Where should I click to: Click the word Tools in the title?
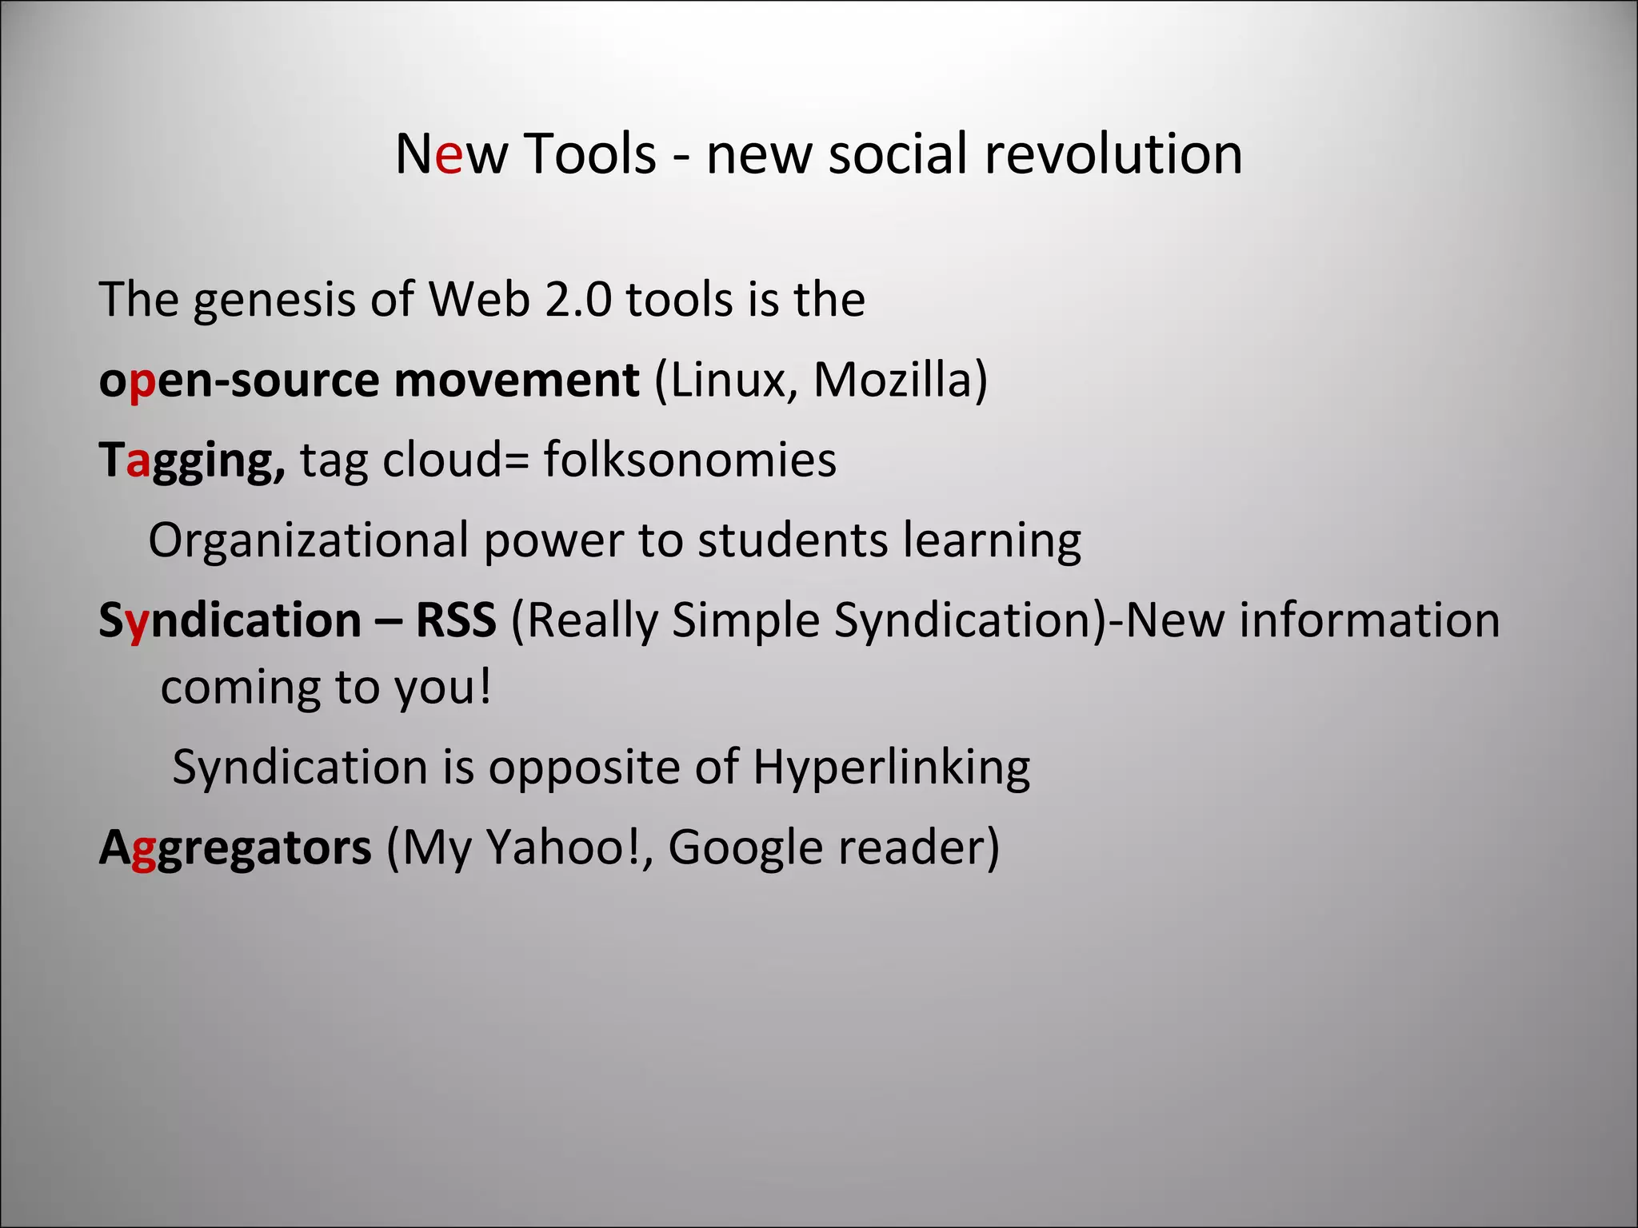(590, 153)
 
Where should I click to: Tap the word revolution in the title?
(1113, 153)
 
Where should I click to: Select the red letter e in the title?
(449, 155)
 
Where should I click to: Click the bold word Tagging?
(191, 461)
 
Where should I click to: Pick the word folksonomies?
(690, 460)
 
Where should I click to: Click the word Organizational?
(308, 541)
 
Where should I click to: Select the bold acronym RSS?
(456, 620)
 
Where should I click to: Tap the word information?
(1369, 620)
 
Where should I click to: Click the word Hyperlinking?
(891, 768)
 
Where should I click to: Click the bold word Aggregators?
(235, 849)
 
